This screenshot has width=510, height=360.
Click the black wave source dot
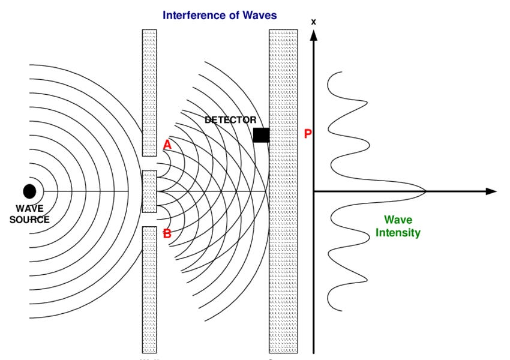tap(29, 191)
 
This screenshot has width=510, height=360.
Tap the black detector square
tap(261, 135)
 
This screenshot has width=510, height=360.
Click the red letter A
tap(167, 145)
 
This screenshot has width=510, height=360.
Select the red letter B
tap(167, 233)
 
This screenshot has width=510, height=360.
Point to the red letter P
tap(308, 134)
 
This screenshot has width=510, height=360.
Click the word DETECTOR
tap(230, 120)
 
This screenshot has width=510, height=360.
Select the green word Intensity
tap(398, 233)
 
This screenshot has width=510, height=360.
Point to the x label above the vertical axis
tap(313, 22)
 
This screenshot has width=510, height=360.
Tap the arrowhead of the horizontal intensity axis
tap(491, 191)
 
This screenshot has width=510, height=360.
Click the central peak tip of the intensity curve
tap(425, 191)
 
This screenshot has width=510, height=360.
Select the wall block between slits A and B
tap(149, 191)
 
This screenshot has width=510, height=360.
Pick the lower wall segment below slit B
tap(149, 289)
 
